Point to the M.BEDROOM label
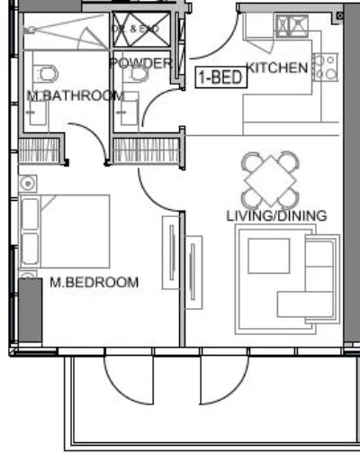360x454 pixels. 94,282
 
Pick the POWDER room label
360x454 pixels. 140,63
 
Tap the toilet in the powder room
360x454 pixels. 136,75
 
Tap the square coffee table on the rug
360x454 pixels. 269,254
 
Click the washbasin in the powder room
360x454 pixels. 125,113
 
